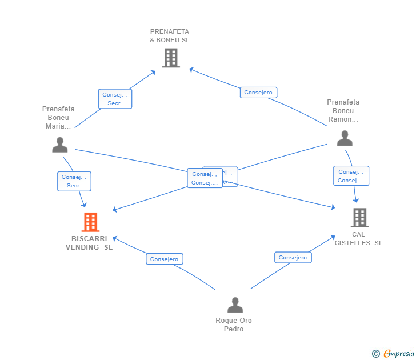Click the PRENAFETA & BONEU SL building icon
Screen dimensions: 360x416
[x=171, y=58]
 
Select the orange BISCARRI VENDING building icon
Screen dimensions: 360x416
[x=90, y=222]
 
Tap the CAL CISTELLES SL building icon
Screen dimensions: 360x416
[x=359, y=218]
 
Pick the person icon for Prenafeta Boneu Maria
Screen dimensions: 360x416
[x=59, y=145]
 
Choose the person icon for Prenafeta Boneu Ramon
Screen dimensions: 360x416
[x=345, y=138]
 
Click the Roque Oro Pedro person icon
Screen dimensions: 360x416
[x=235, y=305]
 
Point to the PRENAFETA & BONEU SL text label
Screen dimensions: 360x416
[x=170, y=36]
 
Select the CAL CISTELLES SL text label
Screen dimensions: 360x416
[x=358, y=238]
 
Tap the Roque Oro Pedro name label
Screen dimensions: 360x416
[x=234, y=325]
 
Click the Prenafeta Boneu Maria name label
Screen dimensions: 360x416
[x=58, y=117]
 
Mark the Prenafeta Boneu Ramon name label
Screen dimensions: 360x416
[x=343, y=111]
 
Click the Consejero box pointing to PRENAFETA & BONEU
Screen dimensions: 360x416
[x=258, y=93]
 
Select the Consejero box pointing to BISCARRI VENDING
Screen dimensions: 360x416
[x=164, y=259]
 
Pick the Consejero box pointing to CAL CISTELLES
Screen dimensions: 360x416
[x=293, y=258]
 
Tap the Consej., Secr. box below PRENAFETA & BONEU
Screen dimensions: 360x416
[x=115, y=99]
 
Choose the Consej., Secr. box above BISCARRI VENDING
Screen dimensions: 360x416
[x=74, y=181]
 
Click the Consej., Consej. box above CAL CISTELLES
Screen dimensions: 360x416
[x=351, y=176]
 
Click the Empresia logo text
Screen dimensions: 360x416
[x=399, y=354]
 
